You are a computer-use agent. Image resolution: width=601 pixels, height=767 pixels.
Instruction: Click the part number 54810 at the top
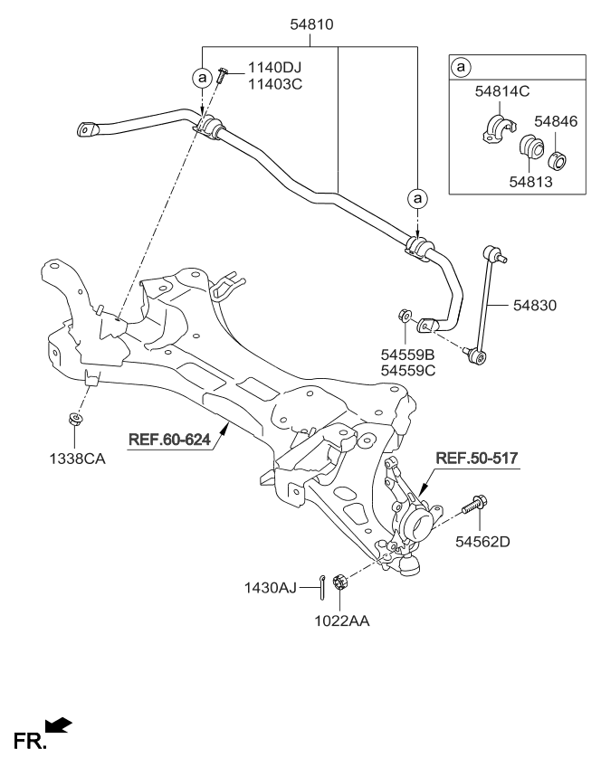(x=312, y=26)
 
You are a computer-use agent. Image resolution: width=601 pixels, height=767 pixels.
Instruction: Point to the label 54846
(x=553, y=120)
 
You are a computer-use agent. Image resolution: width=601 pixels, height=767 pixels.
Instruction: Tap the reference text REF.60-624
(x=169, y=440)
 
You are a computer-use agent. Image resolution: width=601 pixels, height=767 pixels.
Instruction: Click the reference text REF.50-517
(x=477, y=459)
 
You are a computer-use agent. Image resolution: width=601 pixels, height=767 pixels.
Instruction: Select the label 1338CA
(x=77, y=459)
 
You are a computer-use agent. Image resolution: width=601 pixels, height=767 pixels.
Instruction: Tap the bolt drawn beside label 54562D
(x=474, y=503)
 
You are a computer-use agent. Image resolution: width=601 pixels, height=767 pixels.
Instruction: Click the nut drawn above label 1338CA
(x=73, y=420)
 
